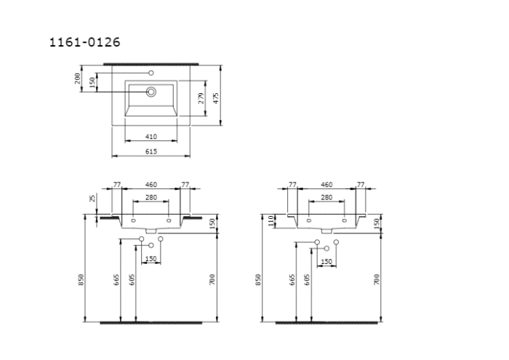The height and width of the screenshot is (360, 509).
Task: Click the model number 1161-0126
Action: tap(84, 42)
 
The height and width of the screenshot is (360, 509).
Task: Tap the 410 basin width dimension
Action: tap(151, 137)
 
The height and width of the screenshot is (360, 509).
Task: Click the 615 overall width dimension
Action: tap(151, 151)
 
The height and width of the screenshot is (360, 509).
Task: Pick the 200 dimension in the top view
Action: tap(78, 79)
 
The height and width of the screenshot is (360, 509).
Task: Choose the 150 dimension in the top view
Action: tap(92, 83)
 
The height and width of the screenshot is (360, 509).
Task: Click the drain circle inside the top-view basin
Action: tap(152, 92)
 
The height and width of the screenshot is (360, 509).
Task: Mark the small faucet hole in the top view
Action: tap(152, 73)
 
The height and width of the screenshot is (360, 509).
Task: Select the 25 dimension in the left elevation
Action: tap(93, 198)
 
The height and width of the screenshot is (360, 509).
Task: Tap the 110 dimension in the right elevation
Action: tap(270, 219)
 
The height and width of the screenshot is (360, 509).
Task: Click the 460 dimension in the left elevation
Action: tap(151, 185)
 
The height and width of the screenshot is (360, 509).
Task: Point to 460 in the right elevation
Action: tap(326, 185)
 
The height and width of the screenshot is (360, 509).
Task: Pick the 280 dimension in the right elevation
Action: tap(326, 198)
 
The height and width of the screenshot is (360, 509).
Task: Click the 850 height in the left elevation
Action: tap(81, 280)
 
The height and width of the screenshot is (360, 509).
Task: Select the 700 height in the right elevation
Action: tap(377, 280)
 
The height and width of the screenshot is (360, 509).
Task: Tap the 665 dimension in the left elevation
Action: tap(116, 280)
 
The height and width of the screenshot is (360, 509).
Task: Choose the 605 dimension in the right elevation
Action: tap(308, 280)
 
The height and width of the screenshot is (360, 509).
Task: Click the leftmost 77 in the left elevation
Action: tap(116, 185)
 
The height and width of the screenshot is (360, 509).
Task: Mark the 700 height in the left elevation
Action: tap(212, 280)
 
